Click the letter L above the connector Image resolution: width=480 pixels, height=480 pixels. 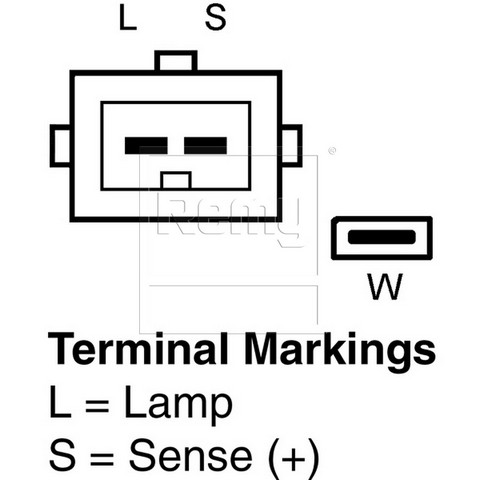pos(128,18)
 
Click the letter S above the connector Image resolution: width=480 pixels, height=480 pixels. pos(216,18)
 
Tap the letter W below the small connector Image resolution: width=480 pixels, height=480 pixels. pos(385,286)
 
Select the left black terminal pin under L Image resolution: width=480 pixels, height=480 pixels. pos(146,146)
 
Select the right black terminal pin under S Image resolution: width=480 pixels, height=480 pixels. pos(206,146)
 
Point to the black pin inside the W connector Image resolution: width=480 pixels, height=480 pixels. pos(382,237)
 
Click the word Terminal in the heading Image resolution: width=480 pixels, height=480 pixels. pos(138,349)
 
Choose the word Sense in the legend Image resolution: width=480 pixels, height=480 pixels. pos(190,455)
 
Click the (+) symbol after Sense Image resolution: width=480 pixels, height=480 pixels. pos(293,459)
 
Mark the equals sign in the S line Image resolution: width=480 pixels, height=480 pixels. pos(102,457)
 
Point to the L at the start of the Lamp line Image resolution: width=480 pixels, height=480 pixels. pos(60,401)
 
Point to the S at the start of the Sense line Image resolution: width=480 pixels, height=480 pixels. pos(62,455)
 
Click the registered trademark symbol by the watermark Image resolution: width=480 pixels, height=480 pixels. pos(332,151)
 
